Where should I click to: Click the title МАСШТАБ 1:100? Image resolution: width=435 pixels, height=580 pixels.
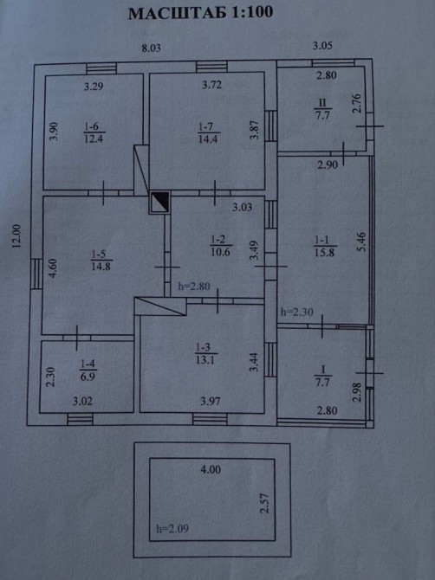201,12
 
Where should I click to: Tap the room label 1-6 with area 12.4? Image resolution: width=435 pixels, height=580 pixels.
94,132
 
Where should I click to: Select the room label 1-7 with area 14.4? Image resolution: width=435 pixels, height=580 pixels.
209,132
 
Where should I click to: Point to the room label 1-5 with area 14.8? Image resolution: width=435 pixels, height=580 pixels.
101,261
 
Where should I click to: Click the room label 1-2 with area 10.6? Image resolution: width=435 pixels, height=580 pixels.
221,246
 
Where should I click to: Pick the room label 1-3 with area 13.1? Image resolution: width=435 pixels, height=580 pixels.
206,353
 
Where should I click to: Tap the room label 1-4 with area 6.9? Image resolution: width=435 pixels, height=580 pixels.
88,371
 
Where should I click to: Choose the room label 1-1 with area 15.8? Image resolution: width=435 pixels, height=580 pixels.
326,247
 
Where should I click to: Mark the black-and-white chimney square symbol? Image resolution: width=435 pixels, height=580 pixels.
160,203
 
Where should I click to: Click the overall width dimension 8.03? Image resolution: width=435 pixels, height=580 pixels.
152,48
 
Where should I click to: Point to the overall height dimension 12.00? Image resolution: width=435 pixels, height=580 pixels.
16,236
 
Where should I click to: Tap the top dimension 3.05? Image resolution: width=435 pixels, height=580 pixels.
322,46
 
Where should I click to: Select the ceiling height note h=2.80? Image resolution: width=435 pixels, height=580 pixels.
194,287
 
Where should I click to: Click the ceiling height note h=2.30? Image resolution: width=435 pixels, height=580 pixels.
297,313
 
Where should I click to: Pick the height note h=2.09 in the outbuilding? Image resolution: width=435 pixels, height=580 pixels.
172,529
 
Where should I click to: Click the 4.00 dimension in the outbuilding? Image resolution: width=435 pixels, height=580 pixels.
211,470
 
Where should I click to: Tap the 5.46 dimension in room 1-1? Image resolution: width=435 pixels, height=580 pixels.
361,242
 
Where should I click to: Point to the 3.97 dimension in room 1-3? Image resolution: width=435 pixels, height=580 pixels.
211,401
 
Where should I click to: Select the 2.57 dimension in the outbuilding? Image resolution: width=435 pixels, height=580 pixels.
264,503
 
